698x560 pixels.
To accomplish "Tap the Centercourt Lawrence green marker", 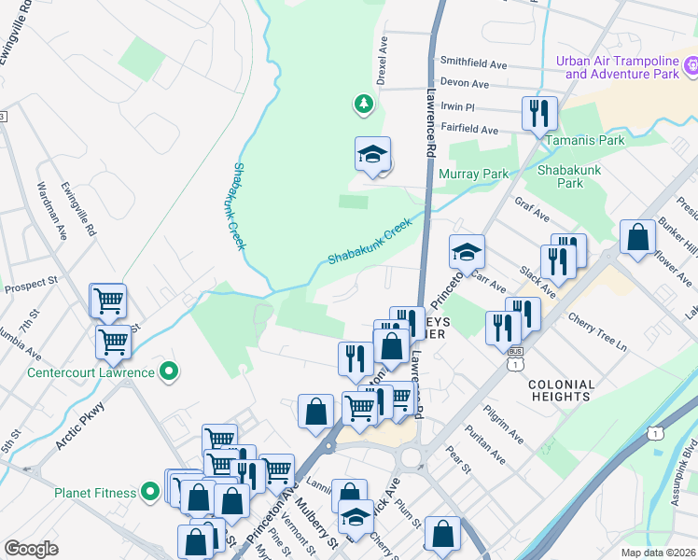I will pos(168,373).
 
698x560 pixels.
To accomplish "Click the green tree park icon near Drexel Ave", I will pos(363,104).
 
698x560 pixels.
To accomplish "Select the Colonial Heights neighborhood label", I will pos(561,391).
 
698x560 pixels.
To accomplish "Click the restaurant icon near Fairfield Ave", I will pos(539,114).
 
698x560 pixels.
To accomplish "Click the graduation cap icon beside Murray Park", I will pos(372,154).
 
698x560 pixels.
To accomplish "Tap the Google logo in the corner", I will pos(31,548).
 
